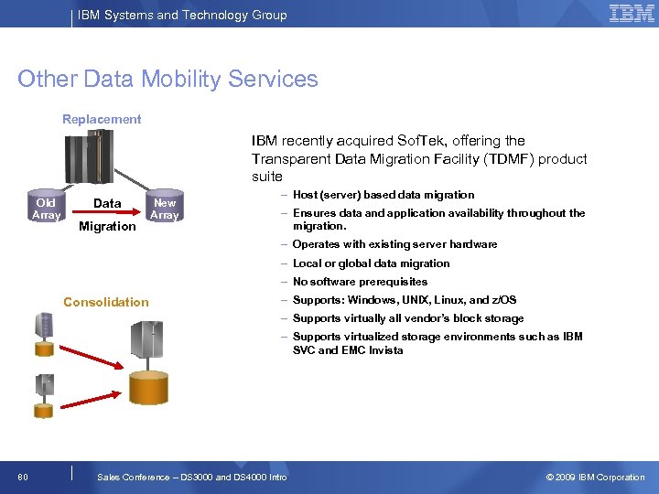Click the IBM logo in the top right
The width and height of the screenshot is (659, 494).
click(x=632, y=14)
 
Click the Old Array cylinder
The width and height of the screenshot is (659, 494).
click(x=46, y=209)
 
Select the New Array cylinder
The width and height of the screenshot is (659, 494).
click(x=164, y=209)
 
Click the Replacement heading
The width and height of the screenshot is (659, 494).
click(x=102, y=119)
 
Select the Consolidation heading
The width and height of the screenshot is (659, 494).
click(x=105, y=302)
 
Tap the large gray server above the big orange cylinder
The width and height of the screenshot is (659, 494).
click(x=150, y=341)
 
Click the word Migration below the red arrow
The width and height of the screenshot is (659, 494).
click(x=107, y=226)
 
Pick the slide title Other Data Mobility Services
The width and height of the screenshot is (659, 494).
click(x=167, y=79)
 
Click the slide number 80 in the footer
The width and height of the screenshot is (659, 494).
click(x=23, y=477)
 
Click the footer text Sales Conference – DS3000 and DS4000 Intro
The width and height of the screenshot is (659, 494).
click(x=191, y=477)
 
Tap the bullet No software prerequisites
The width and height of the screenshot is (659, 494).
click(x=360, y=282)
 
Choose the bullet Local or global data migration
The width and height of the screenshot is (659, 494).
click(x=371, y=263)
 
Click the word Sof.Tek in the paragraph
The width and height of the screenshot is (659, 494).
click(x=417, y=141)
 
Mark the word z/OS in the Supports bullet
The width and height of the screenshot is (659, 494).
click(x=502, y=300)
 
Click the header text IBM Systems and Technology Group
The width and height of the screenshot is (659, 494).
click(x=182, y=15)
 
